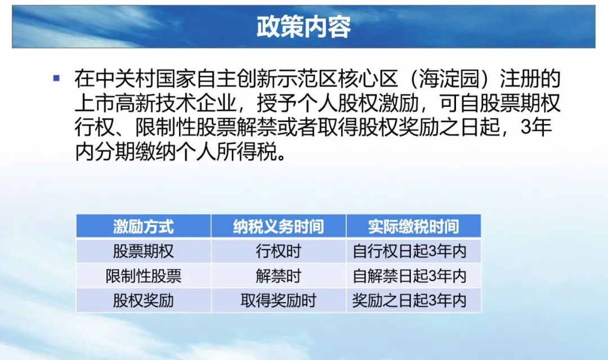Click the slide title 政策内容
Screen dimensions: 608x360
click(x=303, y=27)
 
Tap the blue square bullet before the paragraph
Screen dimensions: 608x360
click(x=57, y=78)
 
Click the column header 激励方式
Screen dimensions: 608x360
click(x=144, y=226)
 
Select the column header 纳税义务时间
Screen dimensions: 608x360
click(x=279, y=226)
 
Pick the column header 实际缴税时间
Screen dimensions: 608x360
click(x=413, y=226)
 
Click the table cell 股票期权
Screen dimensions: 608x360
click(x=144, y=251)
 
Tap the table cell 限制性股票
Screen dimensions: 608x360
click(x=144, y=276)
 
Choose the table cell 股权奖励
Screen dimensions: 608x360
click(x=144, y=300)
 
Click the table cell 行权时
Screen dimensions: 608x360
click(x=279, y=251)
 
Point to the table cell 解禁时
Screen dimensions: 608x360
click(x=279, y=276)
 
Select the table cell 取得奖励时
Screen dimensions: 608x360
click(x=279, y=300)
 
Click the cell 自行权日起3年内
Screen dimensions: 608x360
click(x=409, y=251)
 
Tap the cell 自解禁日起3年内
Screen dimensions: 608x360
click(x=409, y=276)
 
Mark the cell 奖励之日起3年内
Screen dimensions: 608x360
click(x=409, y=300)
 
